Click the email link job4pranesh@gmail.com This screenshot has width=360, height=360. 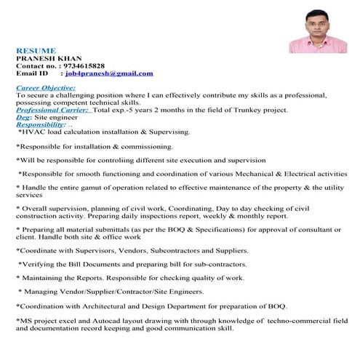click(109, 73)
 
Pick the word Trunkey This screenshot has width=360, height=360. click(236, 110)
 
